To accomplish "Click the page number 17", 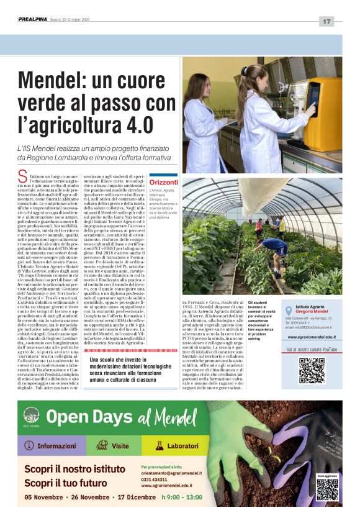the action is tap(327, 21).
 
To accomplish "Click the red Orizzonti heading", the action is tap(164, 182).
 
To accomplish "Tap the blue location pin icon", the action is tap(287, 311).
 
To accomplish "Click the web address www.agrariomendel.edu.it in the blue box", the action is tap(312, 337).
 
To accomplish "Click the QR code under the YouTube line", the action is tap(311, 370).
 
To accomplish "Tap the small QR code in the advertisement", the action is tap(327, 489).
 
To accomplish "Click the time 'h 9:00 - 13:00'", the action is tap(182, 497).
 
